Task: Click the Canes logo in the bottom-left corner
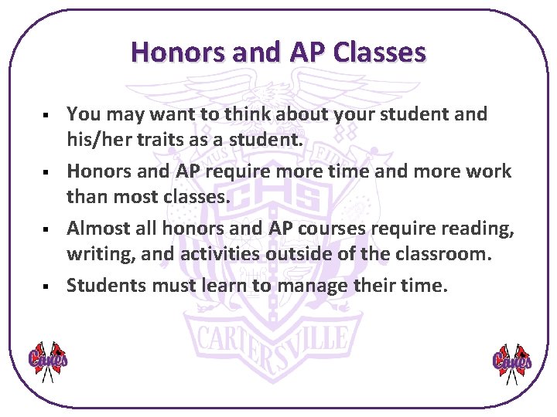pyautogui.click(x=48, y=361)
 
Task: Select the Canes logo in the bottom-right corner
pyautogui.click(x=512, y=361)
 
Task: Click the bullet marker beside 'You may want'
pyautogui.click(x=48, y=115)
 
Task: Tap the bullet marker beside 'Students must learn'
pyautogui.click(x=48, y=286)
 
